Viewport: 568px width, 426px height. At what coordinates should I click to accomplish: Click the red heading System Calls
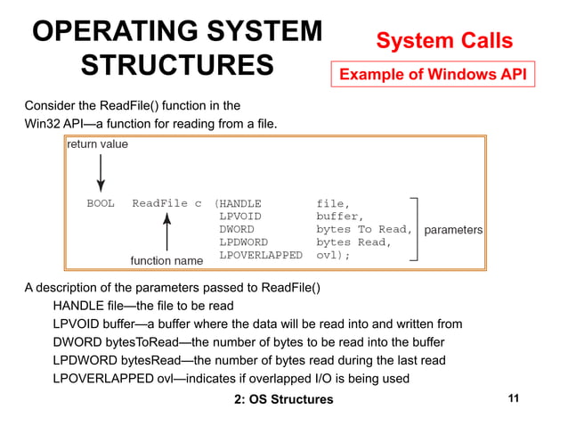pyautogui.click(x=443, y=40)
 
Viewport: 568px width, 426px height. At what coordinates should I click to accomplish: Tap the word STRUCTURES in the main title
pyautogui.click(x=177, y=66)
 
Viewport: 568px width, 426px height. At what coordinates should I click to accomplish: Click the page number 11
pyautogui.click(x=512, y=398)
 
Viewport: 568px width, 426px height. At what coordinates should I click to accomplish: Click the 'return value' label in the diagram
pyautogui.click(x=98, y=143)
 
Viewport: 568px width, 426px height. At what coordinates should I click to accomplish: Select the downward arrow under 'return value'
pyautogui.click(x=100, y=169)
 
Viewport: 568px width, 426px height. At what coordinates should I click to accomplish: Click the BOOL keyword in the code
pyautogui.click(x=101, y=203)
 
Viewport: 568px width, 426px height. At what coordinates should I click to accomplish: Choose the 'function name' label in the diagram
pyautogui.click(x=166, y=260)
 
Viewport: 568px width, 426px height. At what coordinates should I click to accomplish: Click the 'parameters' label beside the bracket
pyautogui.click(x=453, y=230)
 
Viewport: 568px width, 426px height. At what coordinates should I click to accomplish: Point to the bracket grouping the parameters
pyautogui.click(x=414, y=229)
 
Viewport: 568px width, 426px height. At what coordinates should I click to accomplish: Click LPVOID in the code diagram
pyautogui.click(x=240, y=216)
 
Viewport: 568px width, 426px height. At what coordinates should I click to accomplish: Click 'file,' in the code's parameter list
pyautogui.click(x=334, y=203)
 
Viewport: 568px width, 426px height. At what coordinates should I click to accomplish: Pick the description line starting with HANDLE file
pyautogui.click(x=143, y=306)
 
